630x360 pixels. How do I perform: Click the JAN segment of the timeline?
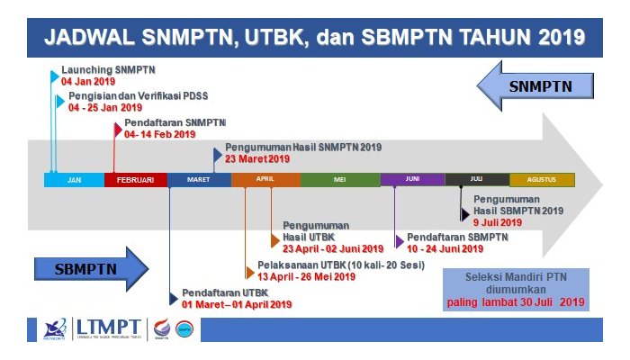click(74, 180)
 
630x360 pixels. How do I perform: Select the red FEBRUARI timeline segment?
click(136, 180)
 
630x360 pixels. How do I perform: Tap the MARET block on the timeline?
click(199, 180)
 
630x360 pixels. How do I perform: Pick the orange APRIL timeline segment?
click(265, 180)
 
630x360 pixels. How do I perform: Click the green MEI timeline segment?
click(340, 180)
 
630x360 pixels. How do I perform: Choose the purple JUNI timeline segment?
click(412, 180)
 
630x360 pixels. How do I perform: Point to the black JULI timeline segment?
click(476, 180)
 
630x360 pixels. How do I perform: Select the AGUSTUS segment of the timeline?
click(542, 180)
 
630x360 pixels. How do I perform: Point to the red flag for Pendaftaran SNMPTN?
click(118, 129)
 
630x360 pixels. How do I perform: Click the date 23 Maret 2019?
click(257, 158)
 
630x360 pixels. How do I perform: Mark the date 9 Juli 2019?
click(498, 221)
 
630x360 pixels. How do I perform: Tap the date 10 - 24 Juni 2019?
click(445, 248)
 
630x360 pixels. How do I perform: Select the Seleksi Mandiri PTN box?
click(517, 288)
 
